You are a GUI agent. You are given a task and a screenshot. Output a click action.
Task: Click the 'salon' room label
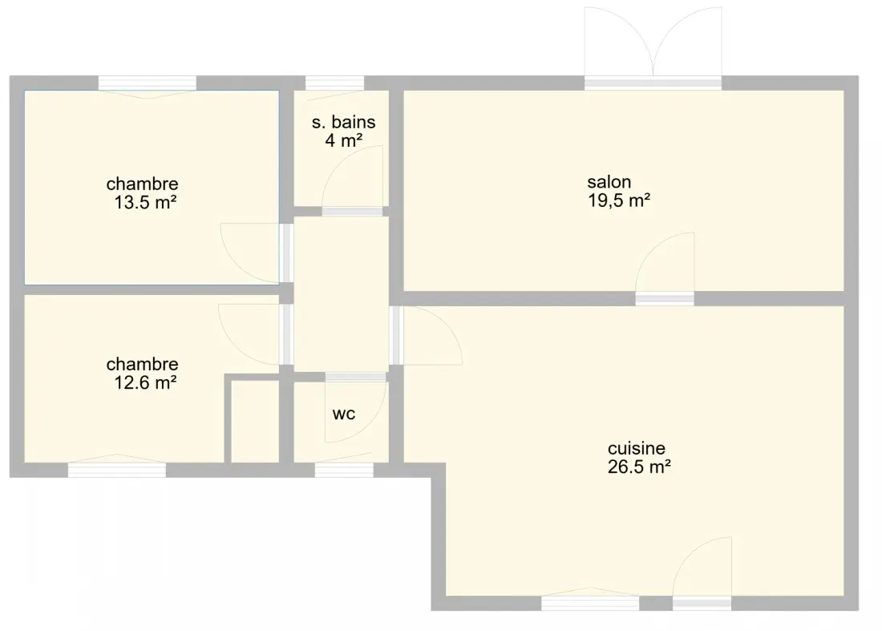pyautogui.click(x=609, y=182)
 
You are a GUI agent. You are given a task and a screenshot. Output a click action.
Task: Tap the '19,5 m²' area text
pyautogui.click(x=619, y=200)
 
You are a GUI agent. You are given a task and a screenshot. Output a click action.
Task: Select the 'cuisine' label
pyautogui.click(x=636, y=448)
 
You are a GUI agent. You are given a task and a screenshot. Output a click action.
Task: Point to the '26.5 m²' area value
pyautogui.click(x=639, y=467)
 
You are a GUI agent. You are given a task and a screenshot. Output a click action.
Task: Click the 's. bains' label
pyautogui.click(x=343, y=122)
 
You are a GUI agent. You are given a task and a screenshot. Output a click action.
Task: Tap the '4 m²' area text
pyautogui.click(x=343, y=140)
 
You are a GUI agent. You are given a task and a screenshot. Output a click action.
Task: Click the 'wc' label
pyautogui.click(x=344, y=414)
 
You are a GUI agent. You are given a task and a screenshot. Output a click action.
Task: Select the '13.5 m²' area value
pyautogui.click(x=145, y=203)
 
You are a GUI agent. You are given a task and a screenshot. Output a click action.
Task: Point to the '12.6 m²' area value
pyautogui.click(x=145, y=383)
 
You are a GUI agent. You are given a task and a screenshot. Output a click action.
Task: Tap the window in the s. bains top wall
pyautogui.click(x=334, y=83)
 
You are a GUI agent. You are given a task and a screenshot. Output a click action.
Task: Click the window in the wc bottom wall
pyautogui.click(x=344, y=470)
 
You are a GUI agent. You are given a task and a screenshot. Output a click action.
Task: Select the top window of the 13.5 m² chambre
pyautogui.click(x=148, y=83)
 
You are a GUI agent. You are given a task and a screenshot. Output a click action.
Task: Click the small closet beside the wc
pyautogui.click(x=255, y=422)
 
